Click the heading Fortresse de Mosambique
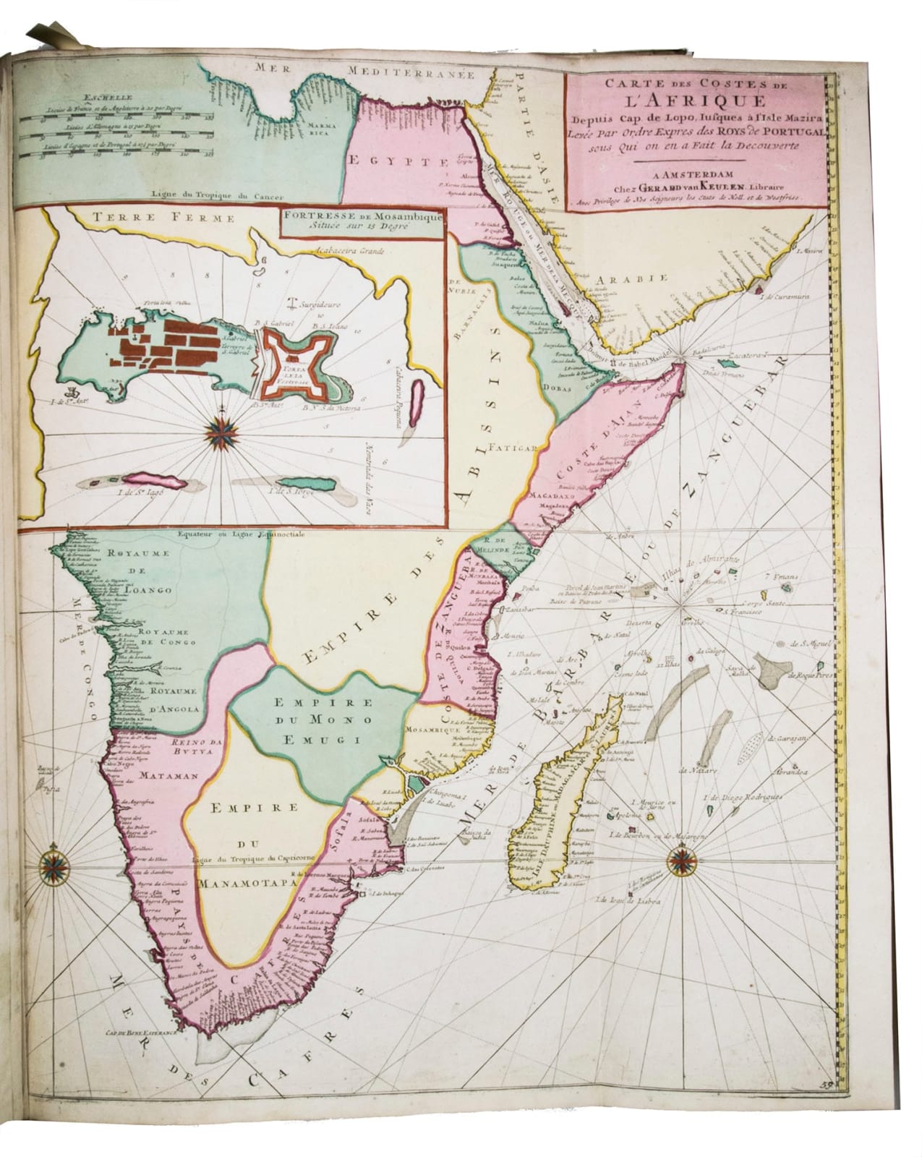coord(360,215)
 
